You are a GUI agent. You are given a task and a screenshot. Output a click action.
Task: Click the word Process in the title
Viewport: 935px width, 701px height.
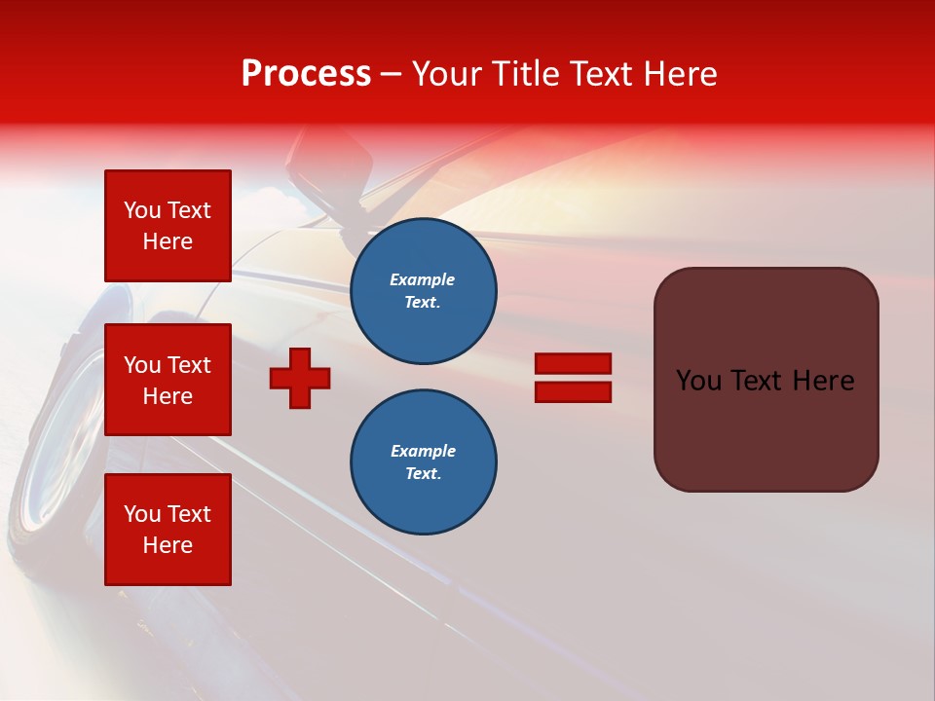click(x=306, y=74)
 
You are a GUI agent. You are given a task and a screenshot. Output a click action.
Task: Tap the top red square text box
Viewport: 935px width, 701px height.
click(x=168, y=226)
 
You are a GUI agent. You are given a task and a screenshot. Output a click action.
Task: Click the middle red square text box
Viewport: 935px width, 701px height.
click(x=168, y=380)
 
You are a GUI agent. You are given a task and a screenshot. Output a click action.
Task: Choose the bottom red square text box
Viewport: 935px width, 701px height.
click(x=168, y=530)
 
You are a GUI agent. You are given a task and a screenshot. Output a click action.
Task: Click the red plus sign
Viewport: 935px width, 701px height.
click(x=300, y=378)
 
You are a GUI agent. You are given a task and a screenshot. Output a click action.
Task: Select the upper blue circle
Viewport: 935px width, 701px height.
click(x=424, y=291)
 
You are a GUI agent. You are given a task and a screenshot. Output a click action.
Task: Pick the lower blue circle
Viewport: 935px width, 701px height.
click(x=424, y=462)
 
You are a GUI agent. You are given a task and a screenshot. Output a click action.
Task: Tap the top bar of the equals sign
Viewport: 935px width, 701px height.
click(x=573, y=364)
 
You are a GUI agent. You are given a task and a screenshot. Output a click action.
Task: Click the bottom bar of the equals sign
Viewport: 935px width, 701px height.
click(x=573, y=392)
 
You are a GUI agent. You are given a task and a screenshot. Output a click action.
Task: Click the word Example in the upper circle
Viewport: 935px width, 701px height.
click(x=422, y=279)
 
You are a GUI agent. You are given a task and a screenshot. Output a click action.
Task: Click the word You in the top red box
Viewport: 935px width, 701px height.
click(x=142, y=210)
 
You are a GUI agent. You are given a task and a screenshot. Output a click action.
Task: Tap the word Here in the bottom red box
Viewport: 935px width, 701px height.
click(x=168, y=545)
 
